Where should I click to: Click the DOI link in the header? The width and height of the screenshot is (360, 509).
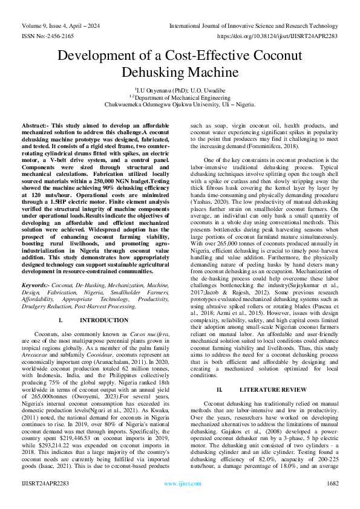(x=286, y=36)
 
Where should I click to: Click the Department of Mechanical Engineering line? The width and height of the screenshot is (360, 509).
(x=180, y=96)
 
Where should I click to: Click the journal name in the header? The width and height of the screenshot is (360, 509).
(x=254, y=26)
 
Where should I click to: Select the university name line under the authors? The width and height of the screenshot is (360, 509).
(x=180, y=104)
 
